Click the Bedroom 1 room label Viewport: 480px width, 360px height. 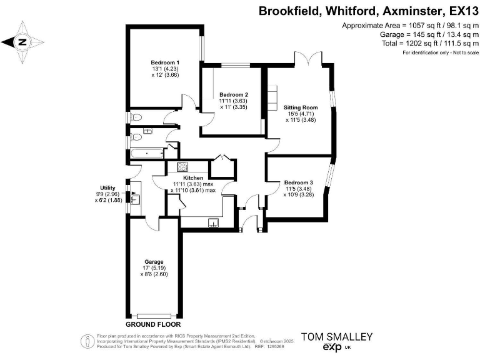(x=165, y=62)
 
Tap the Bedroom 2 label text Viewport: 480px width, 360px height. (x=234, y=94)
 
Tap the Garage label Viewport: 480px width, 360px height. (x=154, y=262)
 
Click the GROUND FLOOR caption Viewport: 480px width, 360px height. (x=154, y=325)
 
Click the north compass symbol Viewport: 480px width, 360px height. (x=22, y=42)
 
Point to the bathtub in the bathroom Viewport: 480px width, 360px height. (x=147, y=152)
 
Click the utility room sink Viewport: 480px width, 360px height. (x=136, y=199)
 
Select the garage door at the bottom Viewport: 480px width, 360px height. (x=154, y=315)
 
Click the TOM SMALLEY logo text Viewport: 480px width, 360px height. (x=337, y=336)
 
